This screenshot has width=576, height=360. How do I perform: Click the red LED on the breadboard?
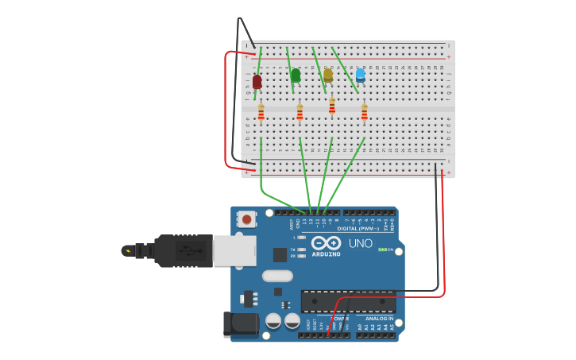257,81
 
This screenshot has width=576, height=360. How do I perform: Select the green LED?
296,75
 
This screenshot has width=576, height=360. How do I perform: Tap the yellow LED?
328,75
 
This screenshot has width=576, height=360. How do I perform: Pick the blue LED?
360,75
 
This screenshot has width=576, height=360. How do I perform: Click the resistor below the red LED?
261,113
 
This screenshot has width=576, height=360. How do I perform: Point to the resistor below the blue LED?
364,113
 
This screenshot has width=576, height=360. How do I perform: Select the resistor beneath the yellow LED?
332,106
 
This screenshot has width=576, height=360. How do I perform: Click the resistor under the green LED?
300,113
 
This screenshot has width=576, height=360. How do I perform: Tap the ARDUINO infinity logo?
326,243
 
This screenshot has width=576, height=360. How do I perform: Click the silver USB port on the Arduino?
234,250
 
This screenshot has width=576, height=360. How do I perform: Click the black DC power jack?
242,324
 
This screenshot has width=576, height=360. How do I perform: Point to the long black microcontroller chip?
348,301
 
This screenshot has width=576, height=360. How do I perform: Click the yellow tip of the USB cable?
126,250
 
